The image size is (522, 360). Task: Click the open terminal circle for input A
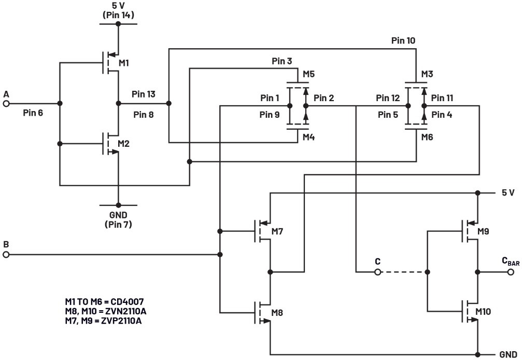click(6, 103)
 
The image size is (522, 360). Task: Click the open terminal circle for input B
click(6, 255)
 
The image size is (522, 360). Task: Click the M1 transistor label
click(124, 63)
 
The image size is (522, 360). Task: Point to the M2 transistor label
click(124, 143)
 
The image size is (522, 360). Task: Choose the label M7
click(277, 231)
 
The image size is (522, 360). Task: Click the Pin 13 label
click(143, 94)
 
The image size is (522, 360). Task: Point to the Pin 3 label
click(282, 61)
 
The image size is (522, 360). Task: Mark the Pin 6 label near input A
click(33, 113)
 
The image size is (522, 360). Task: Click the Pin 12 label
click(388, 98)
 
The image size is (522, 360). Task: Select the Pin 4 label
click(442, 115)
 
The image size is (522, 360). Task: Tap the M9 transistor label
click(483, 231)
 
